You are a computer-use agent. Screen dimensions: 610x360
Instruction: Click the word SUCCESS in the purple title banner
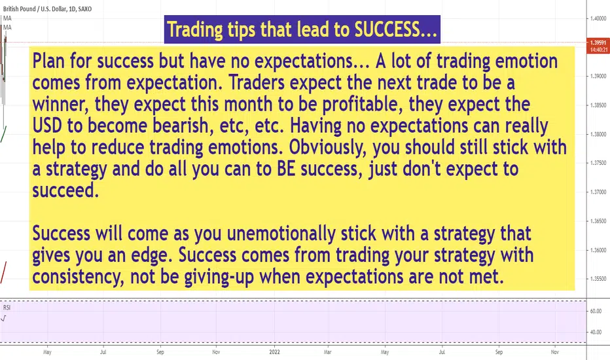pos(387,29)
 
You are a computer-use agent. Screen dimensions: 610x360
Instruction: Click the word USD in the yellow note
pos(46,126)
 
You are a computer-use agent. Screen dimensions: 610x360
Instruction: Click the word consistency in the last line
pos(79,277)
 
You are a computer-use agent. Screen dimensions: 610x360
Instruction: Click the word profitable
pos(362,104)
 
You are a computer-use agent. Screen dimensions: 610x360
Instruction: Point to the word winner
pos(61,104)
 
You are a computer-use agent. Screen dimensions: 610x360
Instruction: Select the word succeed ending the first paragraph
pos(65,190)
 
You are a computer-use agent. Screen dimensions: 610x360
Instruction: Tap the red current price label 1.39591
pos(598,43)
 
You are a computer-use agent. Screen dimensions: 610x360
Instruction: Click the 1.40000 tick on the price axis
pos(598,18)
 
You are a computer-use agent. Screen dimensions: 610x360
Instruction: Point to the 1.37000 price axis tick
pos(598,192)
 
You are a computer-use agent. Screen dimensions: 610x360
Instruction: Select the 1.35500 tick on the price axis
pos(598,279)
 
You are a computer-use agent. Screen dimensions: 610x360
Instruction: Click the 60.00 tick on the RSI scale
pos(596,311)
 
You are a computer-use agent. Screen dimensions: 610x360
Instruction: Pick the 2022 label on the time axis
pos(275,352)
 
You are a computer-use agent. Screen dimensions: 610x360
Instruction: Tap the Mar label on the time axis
pos(328,352)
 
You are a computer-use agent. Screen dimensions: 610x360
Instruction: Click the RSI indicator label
pos(7,308)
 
